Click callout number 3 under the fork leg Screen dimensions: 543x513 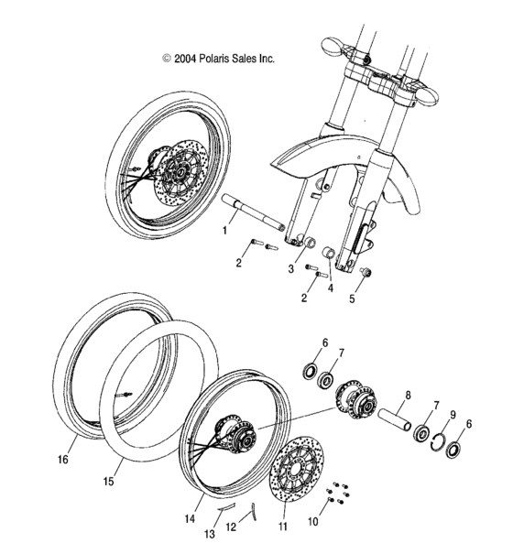click(x=290, y=268)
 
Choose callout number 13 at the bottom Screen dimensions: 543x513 click(x=210, y=534)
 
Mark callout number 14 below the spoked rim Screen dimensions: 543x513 click(x=189, y=519)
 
